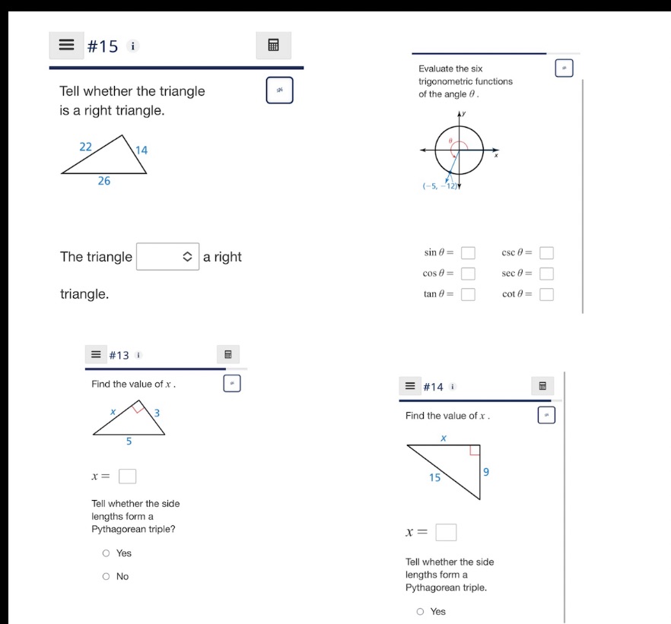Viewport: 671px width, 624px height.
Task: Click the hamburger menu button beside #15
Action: [67, 46]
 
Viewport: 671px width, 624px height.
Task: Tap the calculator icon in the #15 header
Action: [274, 46]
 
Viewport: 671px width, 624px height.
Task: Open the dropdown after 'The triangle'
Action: [167, 257]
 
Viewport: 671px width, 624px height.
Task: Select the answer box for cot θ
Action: [546, 295]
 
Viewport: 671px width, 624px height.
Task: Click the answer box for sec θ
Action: [546, 274]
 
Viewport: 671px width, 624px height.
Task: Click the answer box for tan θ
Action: [469, 295]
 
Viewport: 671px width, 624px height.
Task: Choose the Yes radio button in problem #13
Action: [107, 553]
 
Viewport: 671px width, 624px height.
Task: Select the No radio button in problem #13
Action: [107, 576]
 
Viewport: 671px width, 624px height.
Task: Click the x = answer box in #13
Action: [128, 477]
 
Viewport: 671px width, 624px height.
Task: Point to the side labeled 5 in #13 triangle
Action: [129, 441]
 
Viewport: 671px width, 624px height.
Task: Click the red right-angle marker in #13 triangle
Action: [138, 409]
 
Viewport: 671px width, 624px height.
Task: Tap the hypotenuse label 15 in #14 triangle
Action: [434, 477]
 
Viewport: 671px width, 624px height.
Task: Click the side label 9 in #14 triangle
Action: [486, 472]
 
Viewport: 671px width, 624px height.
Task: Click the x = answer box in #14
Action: [446, 532]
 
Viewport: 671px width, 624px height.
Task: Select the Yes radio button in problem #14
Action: [420, 611]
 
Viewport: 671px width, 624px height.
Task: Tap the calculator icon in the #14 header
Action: [542, 386]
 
